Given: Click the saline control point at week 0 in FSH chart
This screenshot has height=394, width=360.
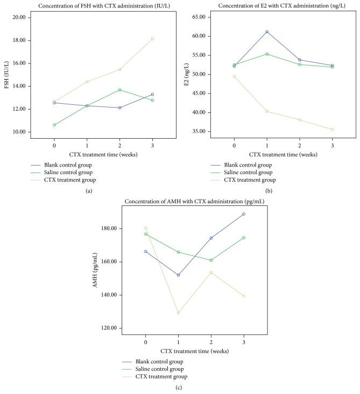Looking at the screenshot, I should coord(54,125).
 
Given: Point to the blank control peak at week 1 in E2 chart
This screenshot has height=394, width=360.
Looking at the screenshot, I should coord(267,32).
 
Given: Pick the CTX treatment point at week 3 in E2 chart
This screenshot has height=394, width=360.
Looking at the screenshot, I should coord(332,130).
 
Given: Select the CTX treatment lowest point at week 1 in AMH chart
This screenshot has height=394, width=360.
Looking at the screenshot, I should coord(178,313).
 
